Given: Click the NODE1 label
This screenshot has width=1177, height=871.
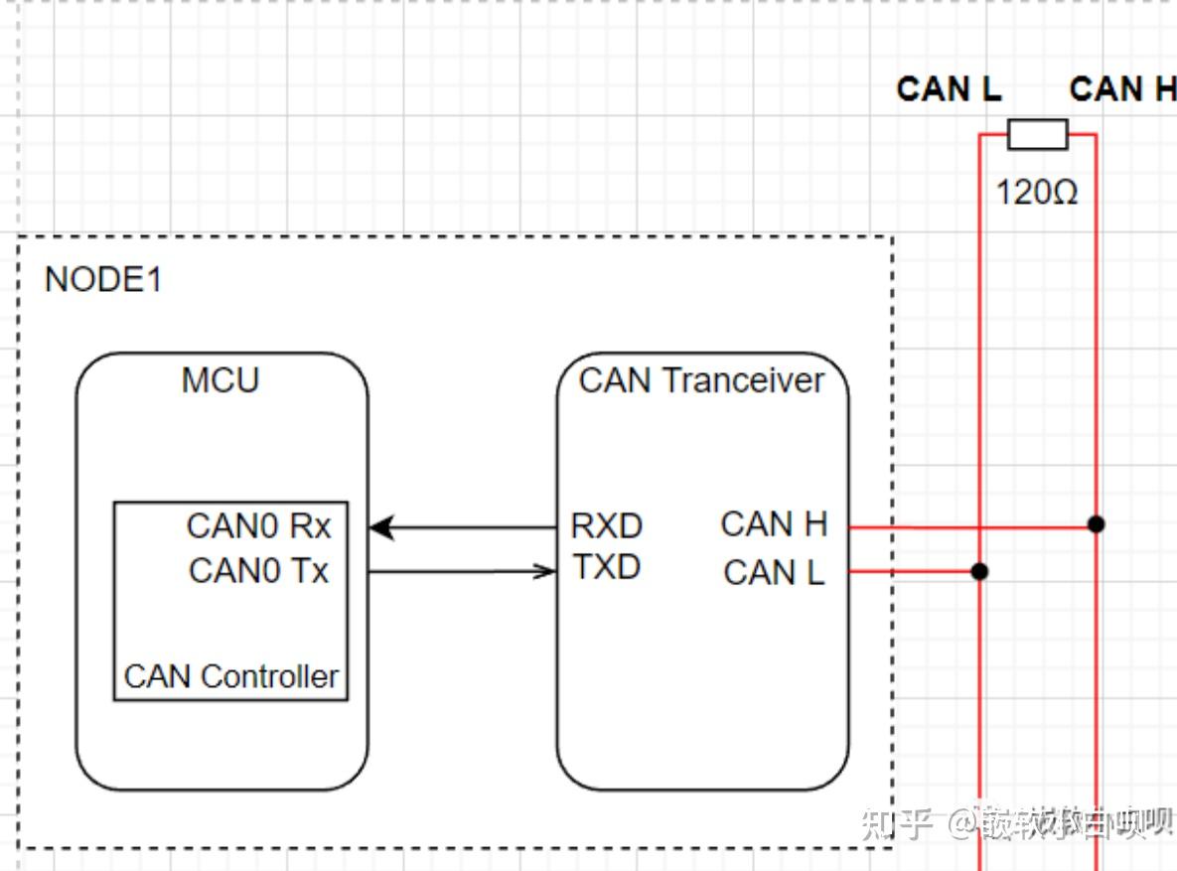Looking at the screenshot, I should pos(103,279).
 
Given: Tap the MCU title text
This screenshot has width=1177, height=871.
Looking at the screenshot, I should pos(221,380).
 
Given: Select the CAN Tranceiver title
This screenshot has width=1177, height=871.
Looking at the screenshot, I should pos(701,380).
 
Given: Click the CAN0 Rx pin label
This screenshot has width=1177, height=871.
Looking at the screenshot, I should pos(259,526).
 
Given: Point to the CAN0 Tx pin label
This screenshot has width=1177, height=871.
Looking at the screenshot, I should pos(258,571).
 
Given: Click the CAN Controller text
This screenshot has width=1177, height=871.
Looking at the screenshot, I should pos(230,676).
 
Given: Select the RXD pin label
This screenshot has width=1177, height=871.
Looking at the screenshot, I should pos(606,526).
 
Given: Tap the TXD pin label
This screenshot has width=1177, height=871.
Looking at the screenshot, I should pos(606,567).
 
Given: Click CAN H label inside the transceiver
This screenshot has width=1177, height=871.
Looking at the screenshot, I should pos(774,524).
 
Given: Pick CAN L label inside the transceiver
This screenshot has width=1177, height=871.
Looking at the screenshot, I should pos(774,573).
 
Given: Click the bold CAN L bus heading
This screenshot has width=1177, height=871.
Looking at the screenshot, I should pos(949,89).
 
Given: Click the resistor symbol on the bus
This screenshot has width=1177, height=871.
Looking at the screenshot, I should pos(1037,134).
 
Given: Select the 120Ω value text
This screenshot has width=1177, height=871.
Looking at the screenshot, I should pos(1036,192).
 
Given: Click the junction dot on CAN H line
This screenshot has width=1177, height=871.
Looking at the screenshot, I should pos(1096,523).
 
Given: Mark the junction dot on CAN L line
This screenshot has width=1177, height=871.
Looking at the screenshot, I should pos(979,571).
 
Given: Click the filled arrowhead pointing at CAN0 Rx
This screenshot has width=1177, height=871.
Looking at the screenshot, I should pos(381,527).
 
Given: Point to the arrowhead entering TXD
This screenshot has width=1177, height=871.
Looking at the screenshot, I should pos(545,571).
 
